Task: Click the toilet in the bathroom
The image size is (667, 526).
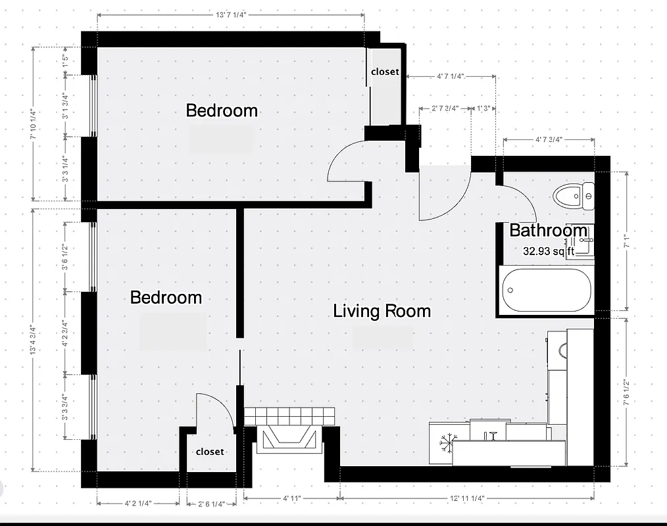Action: [x=573, y=196]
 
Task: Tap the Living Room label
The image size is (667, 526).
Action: [x=382, y=311]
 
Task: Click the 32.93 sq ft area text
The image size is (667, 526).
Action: [x=548, y=251]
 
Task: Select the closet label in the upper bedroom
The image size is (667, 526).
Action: [x=385, y=72]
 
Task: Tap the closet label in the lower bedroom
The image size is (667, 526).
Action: [x=210, y=452]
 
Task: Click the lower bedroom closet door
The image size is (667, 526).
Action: [x=217, y=408]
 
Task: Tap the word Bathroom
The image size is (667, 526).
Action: [x=548, y=231]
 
